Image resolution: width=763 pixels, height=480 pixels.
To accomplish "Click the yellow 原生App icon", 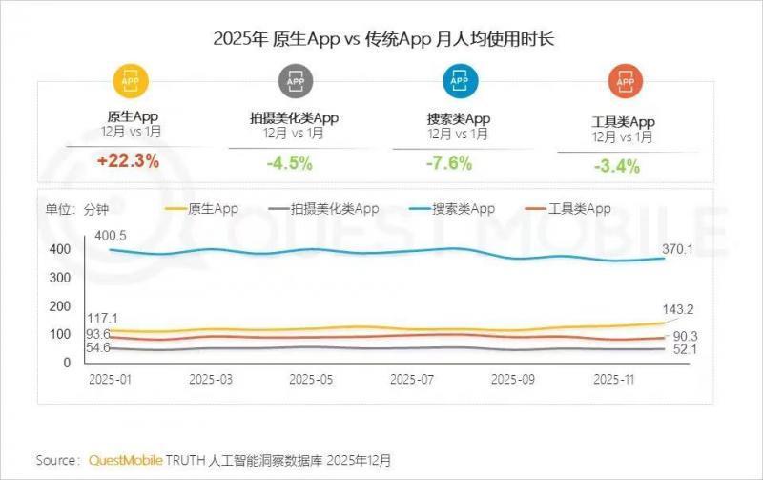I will coord(132,83).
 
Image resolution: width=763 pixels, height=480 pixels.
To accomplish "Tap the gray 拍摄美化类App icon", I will coord(296,83).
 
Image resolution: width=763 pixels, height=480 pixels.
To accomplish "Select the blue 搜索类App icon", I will coord(459,83).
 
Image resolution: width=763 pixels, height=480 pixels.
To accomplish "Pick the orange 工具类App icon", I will coord(624,83).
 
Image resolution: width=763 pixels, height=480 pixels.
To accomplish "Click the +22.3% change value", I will coord(127,161).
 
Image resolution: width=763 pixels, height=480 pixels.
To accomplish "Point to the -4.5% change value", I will coord(289,163).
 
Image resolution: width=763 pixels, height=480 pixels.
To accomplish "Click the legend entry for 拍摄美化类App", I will coord(323,208).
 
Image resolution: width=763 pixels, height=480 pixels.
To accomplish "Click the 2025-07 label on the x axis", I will coord(412,379).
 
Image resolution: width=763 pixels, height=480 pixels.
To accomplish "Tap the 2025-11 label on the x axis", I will coord(614,379).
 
